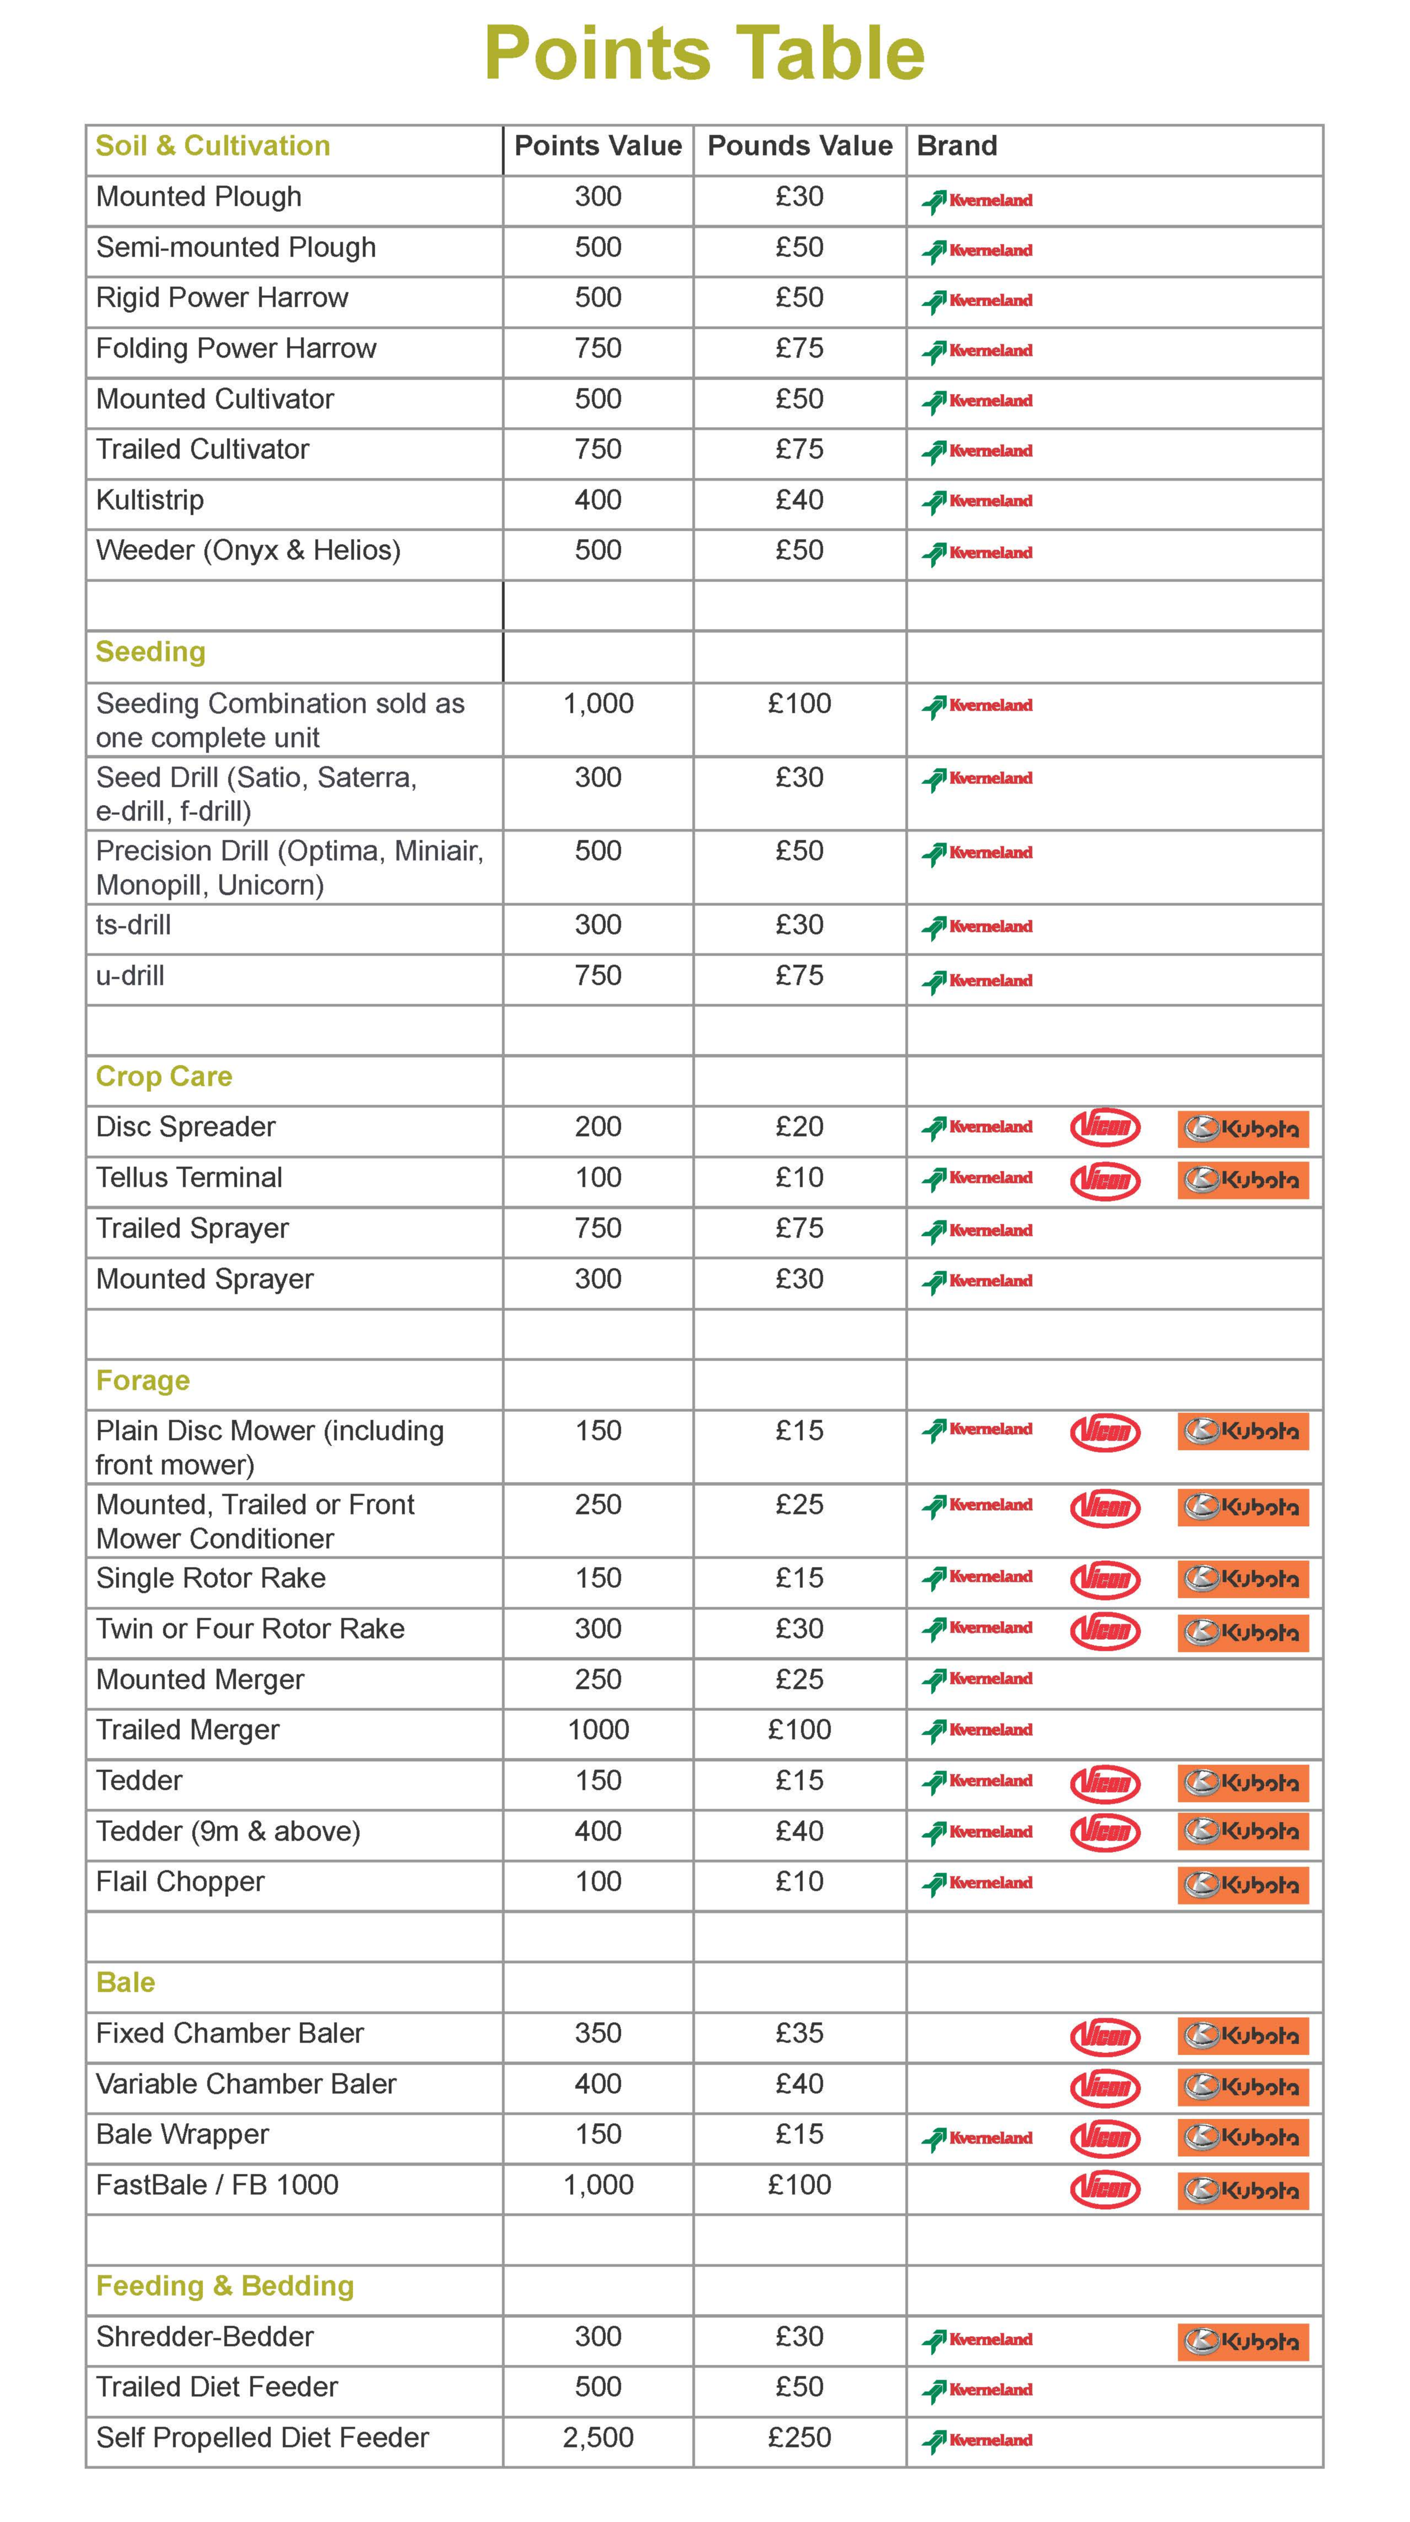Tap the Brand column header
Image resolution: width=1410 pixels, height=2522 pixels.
click(956, 146)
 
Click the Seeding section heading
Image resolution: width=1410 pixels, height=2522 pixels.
click(151, 652)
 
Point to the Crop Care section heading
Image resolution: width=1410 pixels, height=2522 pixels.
click(163, 1076)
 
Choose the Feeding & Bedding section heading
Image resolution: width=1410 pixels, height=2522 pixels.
click(224, 2286)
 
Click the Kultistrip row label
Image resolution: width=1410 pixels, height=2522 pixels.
click(150, 500)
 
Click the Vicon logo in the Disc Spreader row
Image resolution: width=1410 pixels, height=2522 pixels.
click(1104, 1128)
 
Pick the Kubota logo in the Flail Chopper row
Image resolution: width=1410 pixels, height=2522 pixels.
click(1243, 1885)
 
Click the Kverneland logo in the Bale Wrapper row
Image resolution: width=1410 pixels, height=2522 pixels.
click(977, 2138)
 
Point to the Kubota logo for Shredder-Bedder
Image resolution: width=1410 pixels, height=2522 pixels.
click(1243, 2342)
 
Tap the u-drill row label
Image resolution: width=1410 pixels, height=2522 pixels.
click(130, 976)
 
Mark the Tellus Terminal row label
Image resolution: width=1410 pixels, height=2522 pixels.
click(189, 1178)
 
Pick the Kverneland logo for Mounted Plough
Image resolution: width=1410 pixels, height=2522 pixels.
click(977, 201)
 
